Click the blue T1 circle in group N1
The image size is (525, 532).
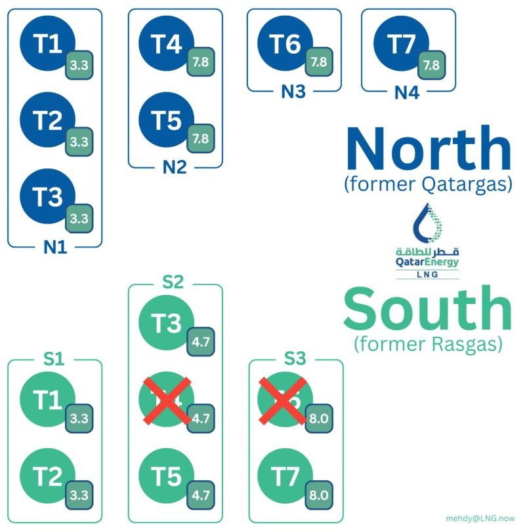click(47, 45)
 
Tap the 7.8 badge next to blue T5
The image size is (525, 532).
click(200, 138)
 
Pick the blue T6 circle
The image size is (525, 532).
click(285, 45)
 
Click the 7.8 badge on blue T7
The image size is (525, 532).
click(431, 64)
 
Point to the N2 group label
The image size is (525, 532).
click(175, 167)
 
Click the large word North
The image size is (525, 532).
click(428, 149)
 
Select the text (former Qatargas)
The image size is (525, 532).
click(427, 185)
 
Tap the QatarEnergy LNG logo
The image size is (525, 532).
click(427, 240)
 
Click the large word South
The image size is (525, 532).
click(427, 309)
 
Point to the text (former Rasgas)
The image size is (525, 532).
click(427, 343)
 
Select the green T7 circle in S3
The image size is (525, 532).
click(285, 477)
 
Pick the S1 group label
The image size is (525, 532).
click(55, 360)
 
